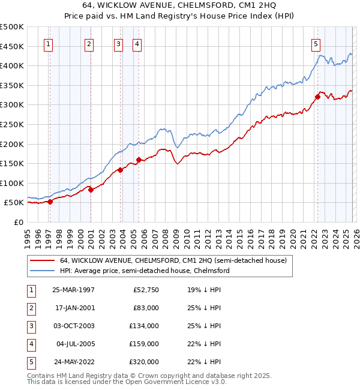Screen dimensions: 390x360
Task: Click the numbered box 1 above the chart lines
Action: (47, 43)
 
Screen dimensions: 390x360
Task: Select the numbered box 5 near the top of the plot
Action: (316, 43)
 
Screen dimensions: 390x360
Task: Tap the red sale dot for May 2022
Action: (317, 97)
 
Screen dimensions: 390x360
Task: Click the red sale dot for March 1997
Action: (50, 202)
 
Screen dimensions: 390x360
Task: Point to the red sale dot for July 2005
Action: (139, 160)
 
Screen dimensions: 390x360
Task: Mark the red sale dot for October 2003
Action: (120, 170)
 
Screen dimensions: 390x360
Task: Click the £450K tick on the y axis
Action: (12, 46)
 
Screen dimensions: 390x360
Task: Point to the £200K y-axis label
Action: (12, 144)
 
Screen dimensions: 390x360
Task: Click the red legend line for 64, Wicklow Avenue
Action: (43, 260)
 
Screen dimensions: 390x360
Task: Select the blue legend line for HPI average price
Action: (43, 271)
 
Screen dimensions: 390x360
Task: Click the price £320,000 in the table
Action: (144, 362)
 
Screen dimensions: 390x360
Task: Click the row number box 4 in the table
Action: (29, 344)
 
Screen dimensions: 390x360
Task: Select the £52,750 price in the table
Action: (144, 290)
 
